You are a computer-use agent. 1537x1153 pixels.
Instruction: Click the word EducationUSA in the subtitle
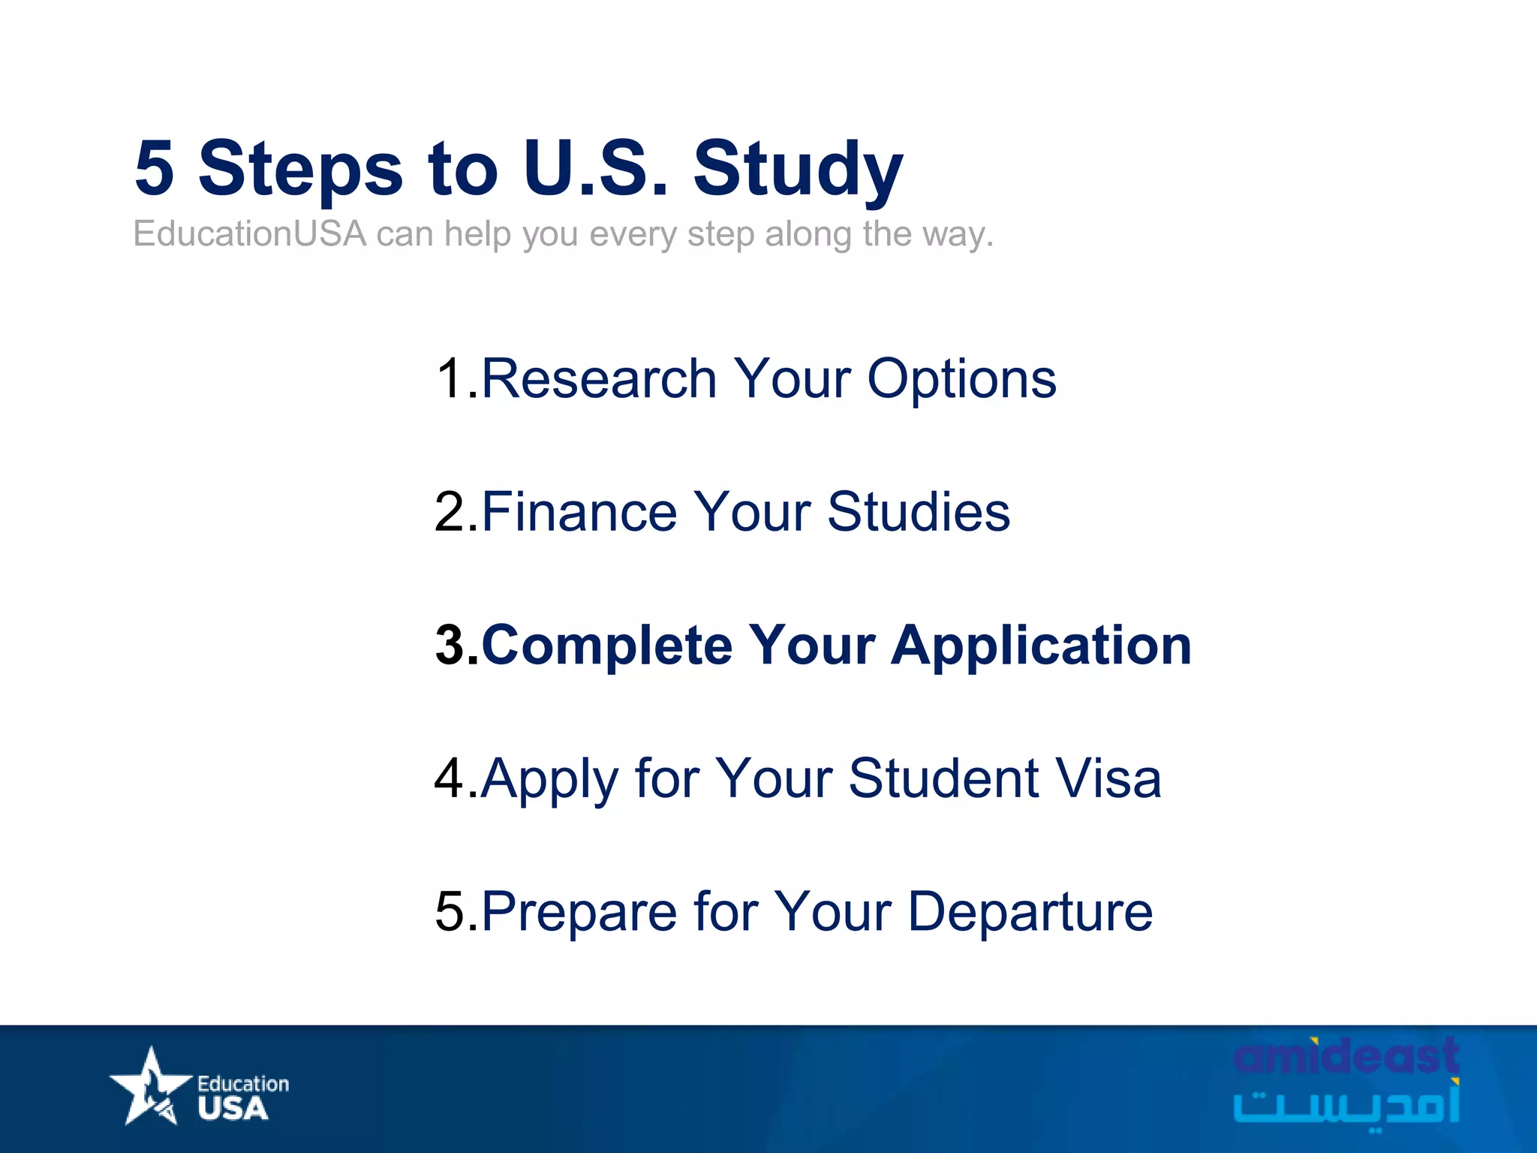tap(249, 234)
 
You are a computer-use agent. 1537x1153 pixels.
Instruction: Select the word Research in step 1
tap(599, 378)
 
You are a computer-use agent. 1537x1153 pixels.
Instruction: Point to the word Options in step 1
tap(961, 380)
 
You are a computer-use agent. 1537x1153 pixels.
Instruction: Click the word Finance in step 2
tap(579, 512)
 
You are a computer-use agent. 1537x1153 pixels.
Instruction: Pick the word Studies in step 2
tap(919, 512)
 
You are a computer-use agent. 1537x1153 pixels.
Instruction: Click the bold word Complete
tap(606, 646)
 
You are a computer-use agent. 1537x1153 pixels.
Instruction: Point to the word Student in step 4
tap(943, 778)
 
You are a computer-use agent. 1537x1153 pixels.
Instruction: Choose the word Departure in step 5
tap(1030, 913)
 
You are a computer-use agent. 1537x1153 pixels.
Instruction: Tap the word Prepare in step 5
tap(579, 913)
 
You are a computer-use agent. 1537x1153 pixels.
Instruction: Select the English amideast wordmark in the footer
tap(1346, 1056)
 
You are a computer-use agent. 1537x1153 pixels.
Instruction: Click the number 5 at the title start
tap(155, 167)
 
